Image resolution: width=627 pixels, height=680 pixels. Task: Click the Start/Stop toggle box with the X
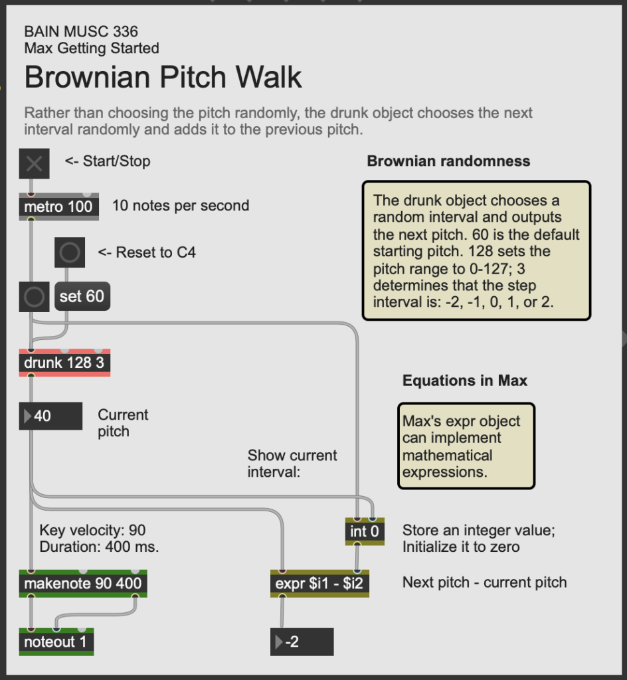[x=35, y=163]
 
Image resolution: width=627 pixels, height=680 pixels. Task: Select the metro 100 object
[x=59, y=207]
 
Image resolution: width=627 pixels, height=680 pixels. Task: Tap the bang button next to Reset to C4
[x=70, y=252]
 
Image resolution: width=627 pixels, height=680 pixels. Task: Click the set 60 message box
[x=82, y=296]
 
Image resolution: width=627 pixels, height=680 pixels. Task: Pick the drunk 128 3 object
[x=64, y=363]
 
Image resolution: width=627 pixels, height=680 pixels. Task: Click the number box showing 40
[x=51, y=416]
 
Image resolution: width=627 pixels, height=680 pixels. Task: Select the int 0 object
[x=365, y=531]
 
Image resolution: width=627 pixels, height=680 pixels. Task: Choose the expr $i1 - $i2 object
[x=319, y=584]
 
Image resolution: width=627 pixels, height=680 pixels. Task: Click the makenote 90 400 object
[x=83, y=584]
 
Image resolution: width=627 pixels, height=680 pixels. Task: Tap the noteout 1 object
[x=56, y=642]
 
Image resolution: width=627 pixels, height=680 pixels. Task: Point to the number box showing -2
[x=302, y=642]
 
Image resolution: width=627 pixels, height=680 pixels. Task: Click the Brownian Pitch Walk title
[x=163, y=78]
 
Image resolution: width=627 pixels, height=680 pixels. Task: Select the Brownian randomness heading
[x=448, y=161]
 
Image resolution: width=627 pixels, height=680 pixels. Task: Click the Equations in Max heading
[x=465, y=381]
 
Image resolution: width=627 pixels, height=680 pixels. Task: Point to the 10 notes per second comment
[x=181, y=206]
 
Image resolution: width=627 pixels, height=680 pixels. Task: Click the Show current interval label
[x=292, y=464]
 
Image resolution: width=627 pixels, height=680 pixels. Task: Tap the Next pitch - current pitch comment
[x=484, y=582]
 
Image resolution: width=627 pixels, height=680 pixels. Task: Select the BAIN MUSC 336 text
[x=81, y=31]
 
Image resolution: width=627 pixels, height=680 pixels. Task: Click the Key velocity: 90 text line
[x=92, y=530]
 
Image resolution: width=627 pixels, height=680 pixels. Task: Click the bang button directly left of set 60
[x=34, y=296]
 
